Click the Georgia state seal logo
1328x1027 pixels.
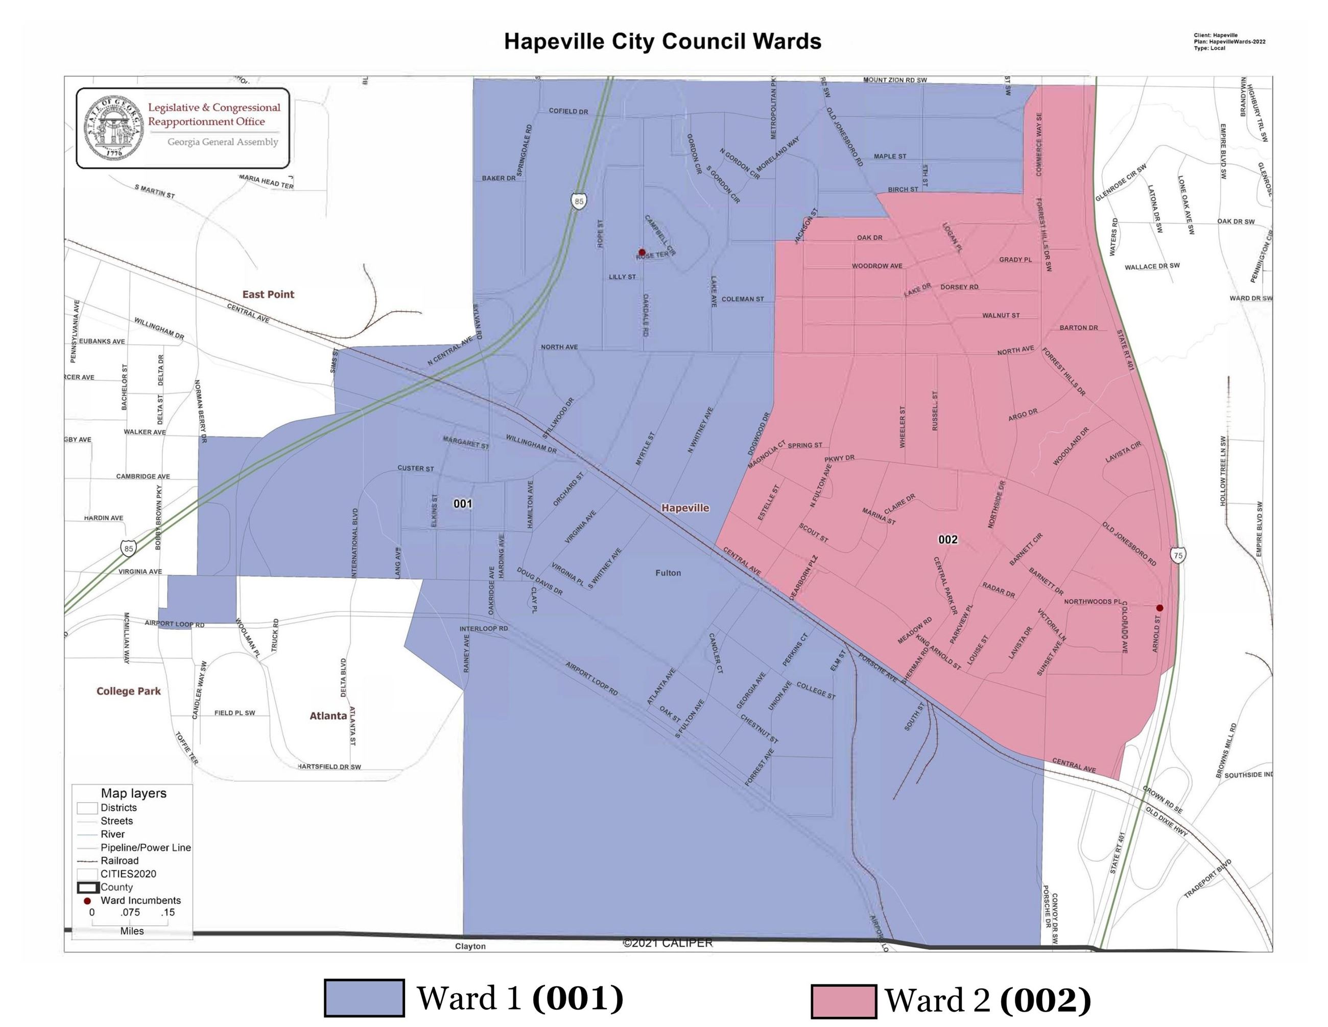114,127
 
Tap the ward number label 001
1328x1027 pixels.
463,503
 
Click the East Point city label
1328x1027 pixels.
268,294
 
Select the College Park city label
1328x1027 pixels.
128,691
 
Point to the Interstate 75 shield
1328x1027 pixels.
1178,555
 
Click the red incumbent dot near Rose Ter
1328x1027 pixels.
642,252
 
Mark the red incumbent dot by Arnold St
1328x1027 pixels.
1159,608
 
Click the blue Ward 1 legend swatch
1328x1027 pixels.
364,997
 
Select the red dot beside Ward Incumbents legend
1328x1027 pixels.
87,900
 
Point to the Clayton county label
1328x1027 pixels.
470,946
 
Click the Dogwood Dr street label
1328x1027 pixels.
758,434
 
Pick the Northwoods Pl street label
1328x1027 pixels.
1092,602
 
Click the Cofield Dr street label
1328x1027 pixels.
568,111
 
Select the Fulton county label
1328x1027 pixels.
668,573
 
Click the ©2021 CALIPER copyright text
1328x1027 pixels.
667,943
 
